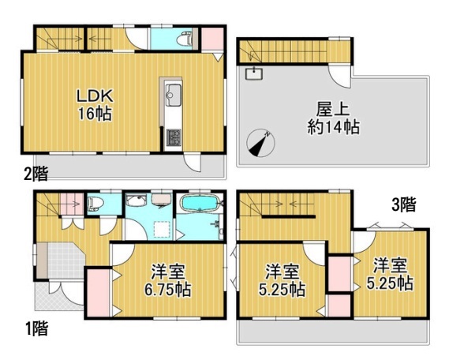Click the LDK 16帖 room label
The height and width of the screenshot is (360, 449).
coord(95,105)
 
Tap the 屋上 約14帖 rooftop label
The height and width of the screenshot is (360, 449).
coord(333,118)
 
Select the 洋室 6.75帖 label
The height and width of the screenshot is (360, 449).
coord(167,281)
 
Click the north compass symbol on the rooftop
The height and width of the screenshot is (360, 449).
coord(260,143)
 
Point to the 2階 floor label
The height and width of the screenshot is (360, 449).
coord(36,174)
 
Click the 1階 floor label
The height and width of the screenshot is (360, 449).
coord(36,328)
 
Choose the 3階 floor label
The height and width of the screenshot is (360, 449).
coord(404,204)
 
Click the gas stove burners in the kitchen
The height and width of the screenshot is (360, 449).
coord(174,137)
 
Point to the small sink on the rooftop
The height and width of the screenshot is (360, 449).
coord(254,73)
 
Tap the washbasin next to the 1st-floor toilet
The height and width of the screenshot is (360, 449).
coord(137,201)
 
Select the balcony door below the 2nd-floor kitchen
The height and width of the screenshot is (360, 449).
coord(192,163)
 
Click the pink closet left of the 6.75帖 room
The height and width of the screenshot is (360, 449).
coord(98,292)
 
